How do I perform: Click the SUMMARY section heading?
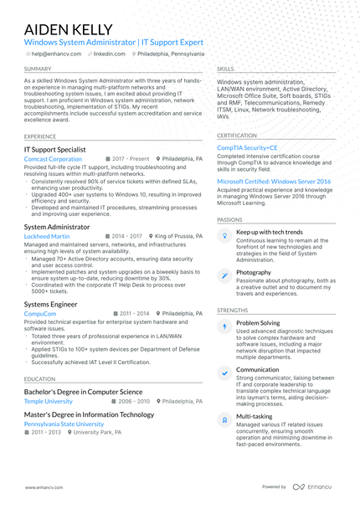click(38, 69)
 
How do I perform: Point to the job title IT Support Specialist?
click(54, 149)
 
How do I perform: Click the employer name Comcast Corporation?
click(53, 158)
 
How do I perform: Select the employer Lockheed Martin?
click(48, 237)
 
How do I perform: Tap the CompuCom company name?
click(40, 313)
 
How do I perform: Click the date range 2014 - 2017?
click(127, 237)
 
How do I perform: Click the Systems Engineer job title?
click(50, 304)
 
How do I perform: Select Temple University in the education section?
click(49, 401)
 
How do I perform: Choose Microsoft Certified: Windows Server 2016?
click(274, 181)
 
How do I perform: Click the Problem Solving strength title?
click(258, 322)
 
